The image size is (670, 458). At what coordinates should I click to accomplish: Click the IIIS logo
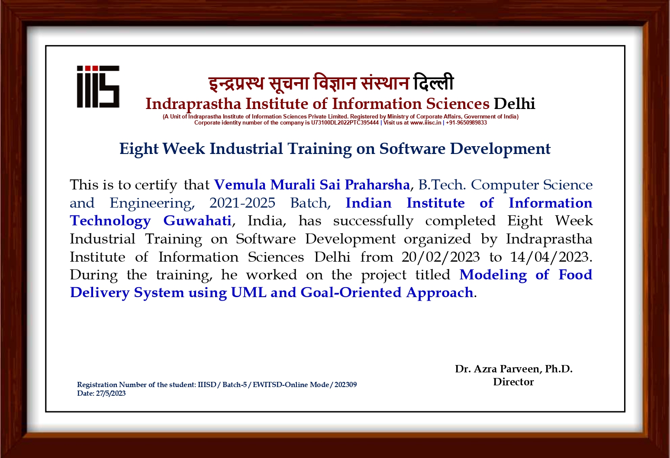click(98, 86)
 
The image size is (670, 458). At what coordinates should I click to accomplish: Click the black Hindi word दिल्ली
click(434, 82)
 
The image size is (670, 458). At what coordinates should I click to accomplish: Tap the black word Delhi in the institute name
click(514, 104)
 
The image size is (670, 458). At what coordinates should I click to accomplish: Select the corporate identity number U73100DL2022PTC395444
click(345, 122)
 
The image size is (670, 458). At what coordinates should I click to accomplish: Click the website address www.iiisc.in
click(425, 122)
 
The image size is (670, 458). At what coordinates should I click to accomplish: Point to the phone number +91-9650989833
click(466, 122)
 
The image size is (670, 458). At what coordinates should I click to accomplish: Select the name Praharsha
click(377, 185)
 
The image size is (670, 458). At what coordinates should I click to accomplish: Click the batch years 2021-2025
click(242, 203)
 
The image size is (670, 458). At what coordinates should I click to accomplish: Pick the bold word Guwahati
click(197, 221)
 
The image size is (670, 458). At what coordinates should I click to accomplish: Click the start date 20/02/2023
click(441, 257)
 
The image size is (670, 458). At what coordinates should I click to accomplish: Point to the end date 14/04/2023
click(549, 257)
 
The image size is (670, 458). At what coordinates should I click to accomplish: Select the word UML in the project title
click(248, 293)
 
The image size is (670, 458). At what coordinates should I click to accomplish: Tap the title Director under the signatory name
click(513, 382)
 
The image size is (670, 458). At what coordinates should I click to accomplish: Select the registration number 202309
click(345, 385)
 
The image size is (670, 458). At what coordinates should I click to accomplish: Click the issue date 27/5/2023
click(111, 394)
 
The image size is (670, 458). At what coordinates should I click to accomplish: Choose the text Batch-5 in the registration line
click(235, 385)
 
